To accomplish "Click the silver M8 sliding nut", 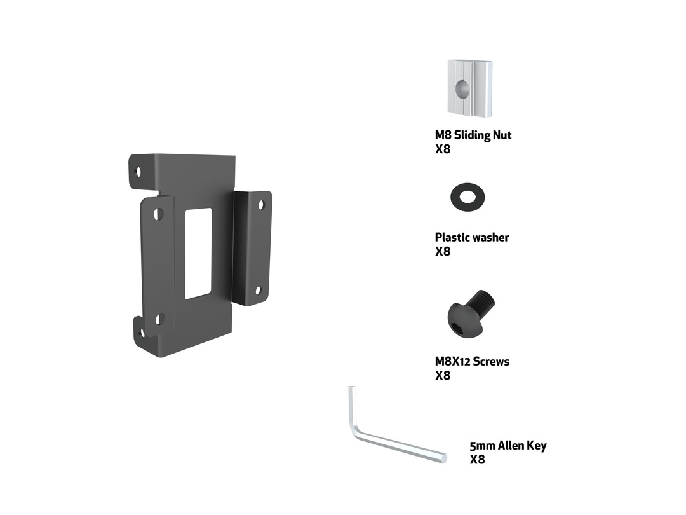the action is (470, 89).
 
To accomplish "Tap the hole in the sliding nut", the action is (462, 90).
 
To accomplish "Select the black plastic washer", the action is (467, 197).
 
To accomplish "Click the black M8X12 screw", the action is (471, 313).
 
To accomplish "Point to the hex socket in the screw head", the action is (461, 327).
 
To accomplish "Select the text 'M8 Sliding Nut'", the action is (473, 135).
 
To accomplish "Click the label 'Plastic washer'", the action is (471, 237).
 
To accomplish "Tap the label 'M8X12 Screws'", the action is (472, 361).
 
